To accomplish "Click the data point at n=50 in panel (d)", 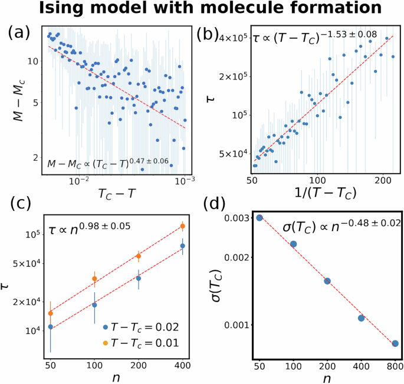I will pos(259,218).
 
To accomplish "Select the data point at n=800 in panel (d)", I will pos(395,343).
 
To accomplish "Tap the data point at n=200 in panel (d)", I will pos(327,281).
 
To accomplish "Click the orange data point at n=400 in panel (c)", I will pos(183,226).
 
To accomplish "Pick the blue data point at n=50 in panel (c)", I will pos(51,326).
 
